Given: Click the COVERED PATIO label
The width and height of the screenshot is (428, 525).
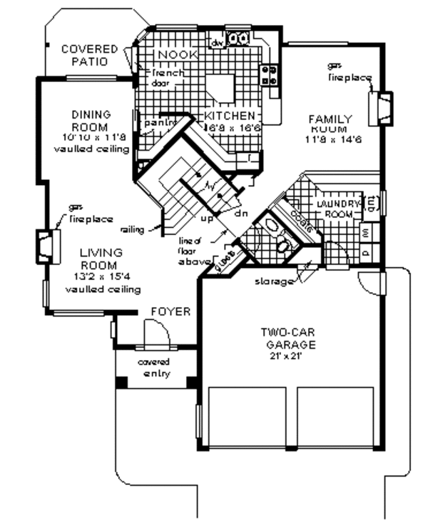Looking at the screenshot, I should click(x=88, y=55).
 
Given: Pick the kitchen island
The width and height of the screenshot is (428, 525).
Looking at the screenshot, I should click(x=220, y=89).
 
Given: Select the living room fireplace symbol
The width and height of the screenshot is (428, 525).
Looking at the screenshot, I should click(x=46, y=244).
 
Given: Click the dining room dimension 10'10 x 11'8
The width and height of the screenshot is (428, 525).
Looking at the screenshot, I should click(x=93, y=136).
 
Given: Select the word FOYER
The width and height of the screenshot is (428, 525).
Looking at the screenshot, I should click(x=170, y=312).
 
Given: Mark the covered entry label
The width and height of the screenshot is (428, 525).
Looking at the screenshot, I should click(x=154, y=368).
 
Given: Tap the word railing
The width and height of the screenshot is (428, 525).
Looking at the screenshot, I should click(x=133, y=229).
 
